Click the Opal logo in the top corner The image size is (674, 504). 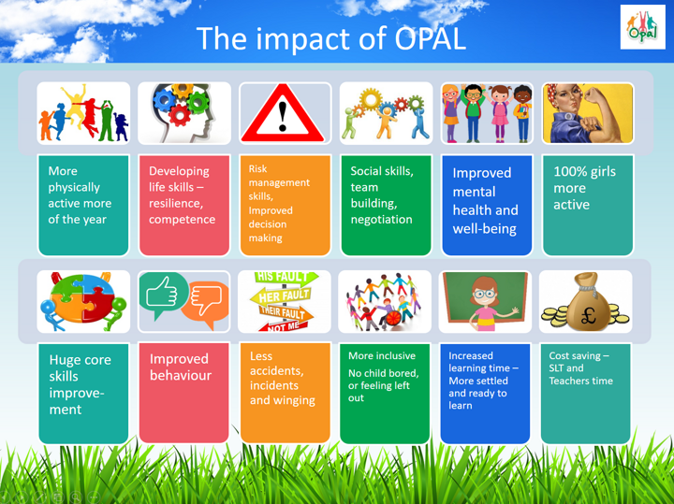[x=642, y=26]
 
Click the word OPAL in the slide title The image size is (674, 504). [x=430, y=38]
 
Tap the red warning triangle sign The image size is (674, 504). [x=283, y=113]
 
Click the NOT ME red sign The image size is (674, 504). [x=284, y=326]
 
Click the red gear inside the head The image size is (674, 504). [x=180, y=115]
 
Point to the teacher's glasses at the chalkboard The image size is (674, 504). [x=485, y=295]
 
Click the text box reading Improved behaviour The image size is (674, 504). [x=184, y=393]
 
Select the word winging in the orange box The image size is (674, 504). [x=295, y=400]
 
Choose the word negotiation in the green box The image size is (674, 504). [x=381, y=220]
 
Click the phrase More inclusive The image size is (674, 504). [x=382, y=355]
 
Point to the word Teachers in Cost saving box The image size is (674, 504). [x=568, y=381]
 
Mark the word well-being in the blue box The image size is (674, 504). [x=485, y=229]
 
